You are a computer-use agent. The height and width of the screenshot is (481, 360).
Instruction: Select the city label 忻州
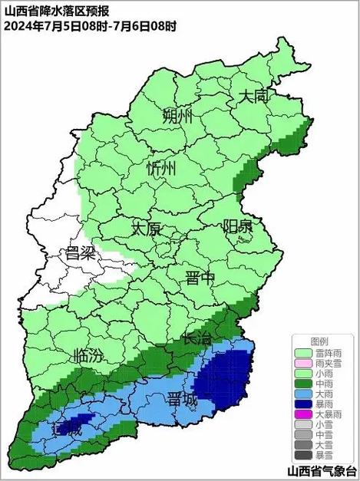tap(162, 170)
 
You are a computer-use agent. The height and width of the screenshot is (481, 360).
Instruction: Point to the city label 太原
tap(146, 229)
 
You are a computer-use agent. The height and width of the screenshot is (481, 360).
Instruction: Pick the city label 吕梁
tap(81, 253)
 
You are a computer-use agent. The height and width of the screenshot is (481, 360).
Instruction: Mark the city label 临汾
tap(86, 355)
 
